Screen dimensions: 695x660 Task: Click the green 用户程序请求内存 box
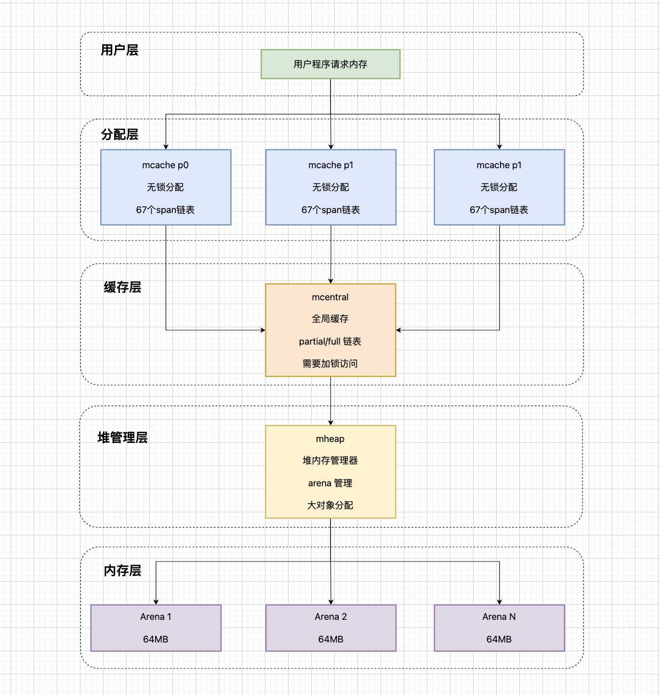click(x=330, y=64)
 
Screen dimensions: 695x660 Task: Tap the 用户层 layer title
click(x=119, y=50)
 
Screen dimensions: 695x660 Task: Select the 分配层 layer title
click(x=119, y=134)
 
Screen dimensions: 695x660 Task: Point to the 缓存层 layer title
click(x=122, y=288)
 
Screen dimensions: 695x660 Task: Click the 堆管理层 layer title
click(x=122, y=438)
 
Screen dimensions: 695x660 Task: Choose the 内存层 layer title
click(x=122, y=571)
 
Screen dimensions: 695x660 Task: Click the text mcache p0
click(x=165, y=165)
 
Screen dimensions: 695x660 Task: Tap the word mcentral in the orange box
click(x=330, y=297)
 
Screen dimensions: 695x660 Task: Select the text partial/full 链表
click(x=330, y=342)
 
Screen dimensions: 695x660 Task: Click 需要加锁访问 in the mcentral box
click(x=330, y=364)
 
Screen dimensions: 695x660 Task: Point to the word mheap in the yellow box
click(x=330, y=439)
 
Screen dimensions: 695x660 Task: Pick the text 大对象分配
click(x=330, y=506)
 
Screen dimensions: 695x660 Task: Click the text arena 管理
click(x=330, y=483)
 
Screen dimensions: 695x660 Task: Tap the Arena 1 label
click(x=156, y=617)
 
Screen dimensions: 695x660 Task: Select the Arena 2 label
click(x=330, y=617)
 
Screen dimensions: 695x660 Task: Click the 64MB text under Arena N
click(x=499, y=640)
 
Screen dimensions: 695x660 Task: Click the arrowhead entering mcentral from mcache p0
click(x=263, y=330)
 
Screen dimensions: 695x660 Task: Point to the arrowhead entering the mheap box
click(x=330, y=423)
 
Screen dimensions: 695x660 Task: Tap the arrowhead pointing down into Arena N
click(x=500, y=602)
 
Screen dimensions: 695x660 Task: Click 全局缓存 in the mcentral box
click(x=330, y=319)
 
